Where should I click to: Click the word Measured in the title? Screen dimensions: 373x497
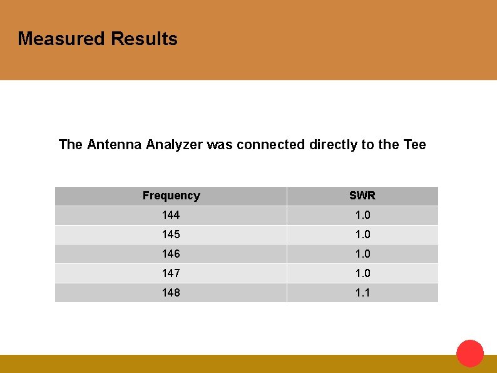[x=61, y=39]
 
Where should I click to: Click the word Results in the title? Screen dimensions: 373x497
[x=144, y=39]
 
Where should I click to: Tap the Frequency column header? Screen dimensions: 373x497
[x=171, y=196]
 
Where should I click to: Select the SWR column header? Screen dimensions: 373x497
[x=362, y=196]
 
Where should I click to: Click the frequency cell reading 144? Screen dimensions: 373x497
[x=171, y=215]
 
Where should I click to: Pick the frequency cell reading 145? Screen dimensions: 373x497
[x=171, y=234]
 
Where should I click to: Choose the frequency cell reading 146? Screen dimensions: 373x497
[x=171, y=254]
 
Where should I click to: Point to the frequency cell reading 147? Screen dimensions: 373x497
[x=171, y=273]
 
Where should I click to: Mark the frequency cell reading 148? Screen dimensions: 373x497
[x=171, y=293]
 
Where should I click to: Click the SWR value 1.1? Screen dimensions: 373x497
[x=362, y=293]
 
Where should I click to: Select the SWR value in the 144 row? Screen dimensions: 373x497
[x=362, y=215]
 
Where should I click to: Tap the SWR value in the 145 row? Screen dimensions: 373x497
[x=362, y=234]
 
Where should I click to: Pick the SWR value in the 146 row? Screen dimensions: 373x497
[x=362, y=254]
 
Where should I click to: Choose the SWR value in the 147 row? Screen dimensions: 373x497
[x=362, y=273]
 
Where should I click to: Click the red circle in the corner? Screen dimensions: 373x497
[x=470, y=354]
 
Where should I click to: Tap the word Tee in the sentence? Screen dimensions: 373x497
[x=414, y=145]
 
